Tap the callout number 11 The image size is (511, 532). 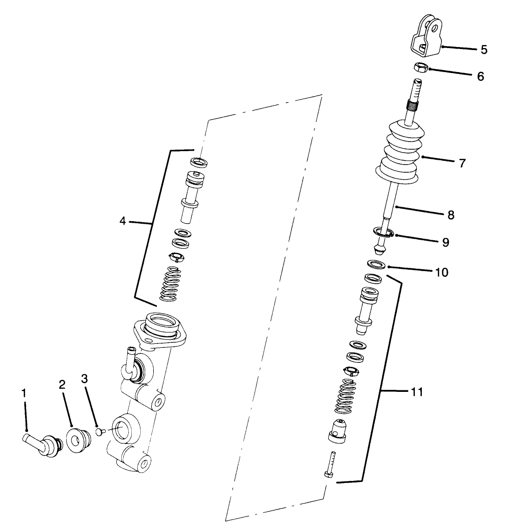point(416,392)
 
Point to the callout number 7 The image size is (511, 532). point(461,163)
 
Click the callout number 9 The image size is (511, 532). point(445,242)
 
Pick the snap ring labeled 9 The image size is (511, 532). point(384,232)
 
